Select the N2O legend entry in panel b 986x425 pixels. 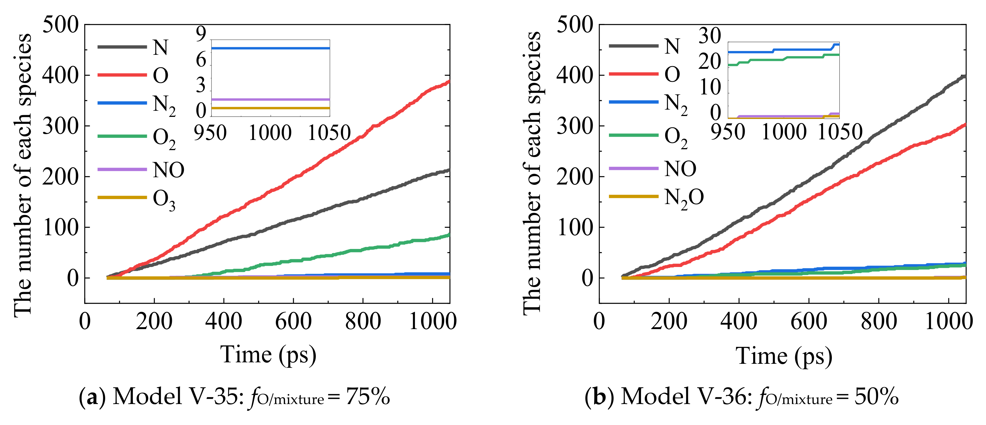coord(684,198)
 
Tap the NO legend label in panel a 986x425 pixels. coord(168,170)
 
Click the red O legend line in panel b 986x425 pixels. coord(633,73)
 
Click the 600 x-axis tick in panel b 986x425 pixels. coord(808,321)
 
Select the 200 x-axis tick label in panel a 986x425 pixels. coord(154,321)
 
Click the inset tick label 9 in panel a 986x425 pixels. coord(201,34)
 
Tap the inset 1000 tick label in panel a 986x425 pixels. coord(270,133)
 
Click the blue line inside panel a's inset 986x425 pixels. coord(270,48)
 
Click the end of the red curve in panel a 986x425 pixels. coord(449,82)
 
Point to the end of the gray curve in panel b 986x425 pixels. coord(964,77)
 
